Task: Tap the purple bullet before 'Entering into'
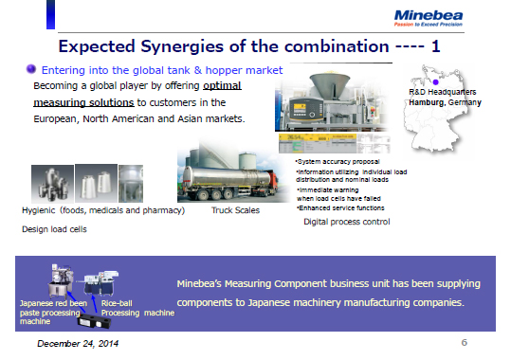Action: (x=30, y=69)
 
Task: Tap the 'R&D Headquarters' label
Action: (x=442, y=93)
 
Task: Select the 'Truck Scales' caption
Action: (x=237, y=210)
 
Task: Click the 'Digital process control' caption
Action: (x=346, y=222)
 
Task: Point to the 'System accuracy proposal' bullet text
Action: (x=336, y=163)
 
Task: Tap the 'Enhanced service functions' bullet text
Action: (x=339, y=207)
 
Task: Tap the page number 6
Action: (x=465, y=342)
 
